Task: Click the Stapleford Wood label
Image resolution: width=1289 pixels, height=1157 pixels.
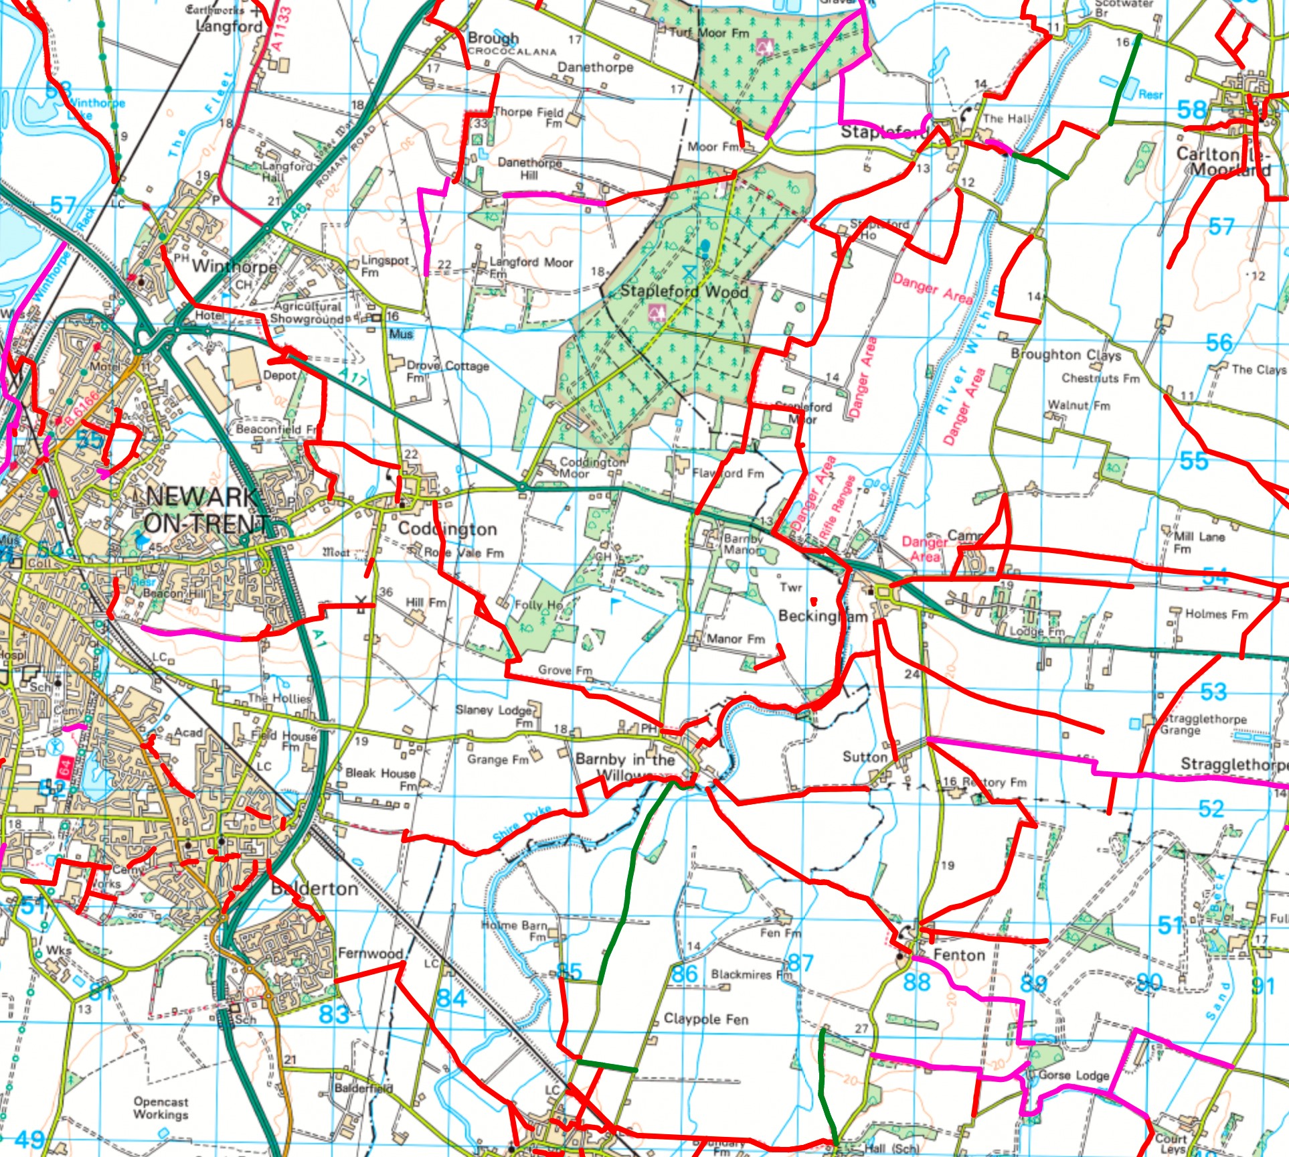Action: tap(683, 291)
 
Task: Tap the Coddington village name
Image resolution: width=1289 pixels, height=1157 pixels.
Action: tap(447, 529)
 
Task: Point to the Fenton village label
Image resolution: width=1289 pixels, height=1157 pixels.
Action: tap(958, 955)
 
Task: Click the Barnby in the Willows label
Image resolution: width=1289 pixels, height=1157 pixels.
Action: tap(625, 767)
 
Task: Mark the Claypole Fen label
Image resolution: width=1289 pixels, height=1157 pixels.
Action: tap(705, 1019)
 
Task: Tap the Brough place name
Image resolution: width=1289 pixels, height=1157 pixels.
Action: tap(493, 38)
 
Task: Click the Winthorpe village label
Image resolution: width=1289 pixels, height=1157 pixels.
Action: tap(234, 266)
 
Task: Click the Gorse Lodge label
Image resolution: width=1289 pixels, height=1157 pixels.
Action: tap(1073, 1075)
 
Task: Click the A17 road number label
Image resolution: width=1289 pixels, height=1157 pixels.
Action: tap(353, 378)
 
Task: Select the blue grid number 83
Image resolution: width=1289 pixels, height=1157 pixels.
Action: tap(333, 1014)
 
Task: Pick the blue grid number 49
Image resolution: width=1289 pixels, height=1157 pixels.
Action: tap(29, 1140)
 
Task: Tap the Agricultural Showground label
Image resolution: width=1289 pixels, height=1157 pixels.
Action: tap(307, 313)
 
